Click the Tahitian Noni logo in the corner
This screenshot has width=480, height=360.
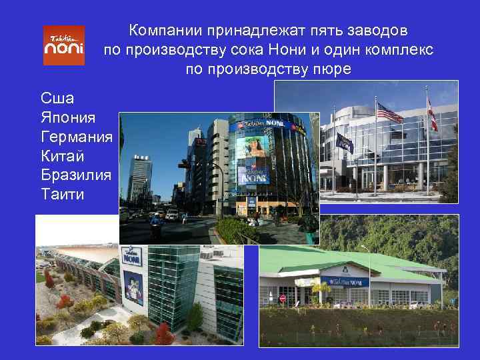click(64, 45)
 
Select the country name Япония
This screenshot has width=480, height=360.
click(68, 117)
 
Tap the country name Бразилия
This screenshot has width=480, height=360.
click(75, 175)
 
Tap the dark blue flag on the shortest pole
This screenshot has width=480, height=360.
click(344, 142)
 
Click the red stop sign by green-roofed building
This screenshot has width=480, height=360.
click(282, 298)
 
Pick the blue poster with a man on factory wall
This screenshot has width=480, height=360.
click(133, 287)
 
